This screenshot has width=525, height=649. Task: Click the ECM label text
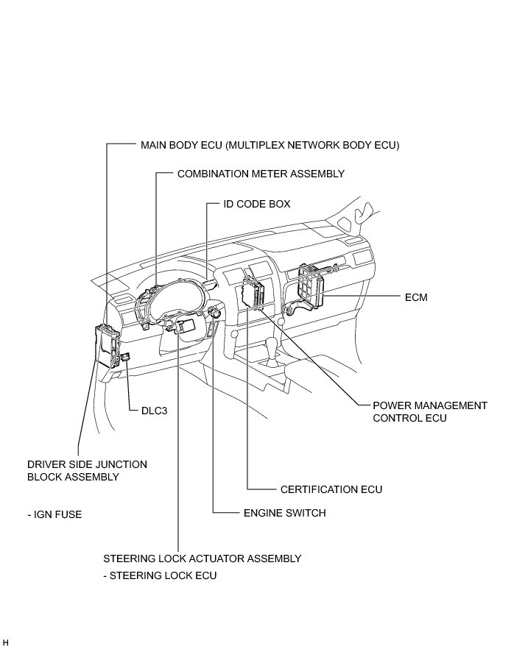click(416, 297)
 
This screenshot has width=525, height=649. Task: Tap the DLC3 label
click(154, 411)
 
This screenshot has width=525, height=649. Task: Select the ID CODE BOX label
click(257, 204)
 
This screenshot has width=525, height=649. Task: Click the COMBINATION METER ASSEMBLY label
click(261, 174)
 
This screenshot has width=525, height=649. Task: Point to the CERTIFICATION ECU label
click(331, 489)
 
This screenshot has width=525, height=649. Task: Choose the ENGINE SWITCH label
click(284, 513)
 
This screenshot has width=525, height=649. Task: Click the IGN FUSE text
click(54, 514)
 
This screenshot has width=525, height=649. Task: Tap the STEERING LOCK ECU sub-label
click(160, 575)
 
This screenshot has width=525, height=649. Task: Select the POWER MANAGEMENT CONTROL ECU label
click(430, 411)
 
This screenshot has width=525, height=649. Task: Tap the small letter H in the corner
click(5, 642)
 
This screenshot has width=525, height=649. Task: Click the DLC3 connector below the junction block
click(127, 358)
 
